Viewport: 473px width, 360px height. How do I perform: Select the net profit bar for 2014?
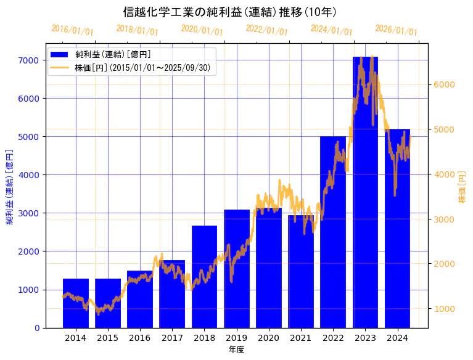click(76, 303)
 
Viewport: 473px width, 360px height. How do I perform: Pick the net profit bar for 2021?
click(301, 271)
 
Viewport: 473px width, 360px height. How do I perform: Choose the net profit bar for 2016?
click(140, 299)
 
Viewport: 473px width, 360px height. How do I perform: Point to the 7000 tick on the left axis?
click(30, 60)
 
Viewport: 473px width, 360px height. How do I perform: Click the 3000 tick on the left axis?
click(30, 213)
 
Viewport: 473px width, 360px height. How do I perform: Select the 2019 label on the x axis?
click(236, 338)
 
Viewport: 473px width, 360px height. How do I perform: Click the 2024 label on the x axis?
click(397, 338)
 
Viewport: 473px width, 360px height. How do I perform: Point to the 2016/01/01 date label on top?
click(72, 30)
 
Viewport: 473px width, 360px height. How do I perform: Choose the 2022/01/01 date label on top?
click(266, 30)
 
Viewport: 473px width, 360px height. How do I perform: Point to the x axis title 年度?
click(236, 350)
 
